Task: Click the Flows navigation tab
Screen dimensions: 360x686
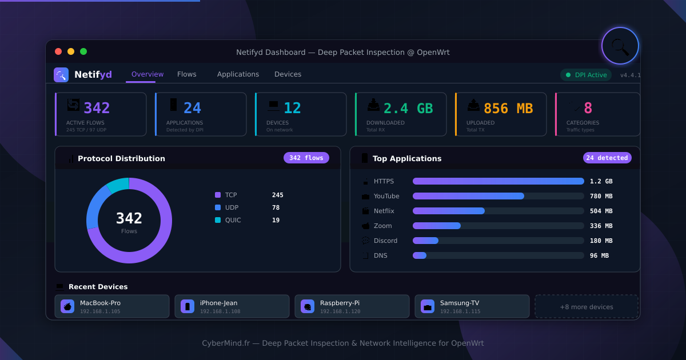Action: point(186,74)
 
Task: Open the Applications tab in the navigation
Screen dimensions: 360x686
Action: point(238,74)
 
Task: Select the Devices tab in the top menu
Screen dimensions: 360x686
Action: point(288,74)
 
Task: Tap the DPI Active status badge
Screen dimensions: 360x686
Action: point(586,75)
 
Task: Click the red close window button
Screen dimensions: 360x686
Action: point(58,51)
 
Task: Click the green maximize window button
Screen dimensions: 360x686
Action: point(83,51)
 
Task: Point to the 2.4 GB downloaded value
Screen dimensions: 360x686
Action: point(408,108)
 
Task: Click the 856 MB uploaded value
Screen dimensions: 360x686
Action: point(508,108)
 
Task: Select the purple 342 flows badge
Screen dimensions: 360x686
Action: point(306,158)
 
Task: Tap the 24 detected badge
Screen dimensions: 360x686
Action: point(607,158)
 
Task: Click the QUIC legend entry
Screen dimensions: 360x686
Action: point(232,220)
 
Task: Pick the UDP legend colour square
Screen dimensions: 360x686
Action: point(218,207)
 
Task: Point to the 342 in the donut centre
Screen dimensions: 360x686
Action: point(129,218)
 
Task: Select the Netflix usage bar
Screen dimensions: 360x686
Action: point(448,211)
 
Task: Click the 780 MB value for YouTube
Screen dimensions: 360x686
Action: point(601,196)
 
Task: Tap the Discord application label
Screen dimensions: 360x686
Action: point(385,241)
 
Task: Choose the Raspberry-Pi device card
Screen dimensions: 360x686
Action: point(352,306)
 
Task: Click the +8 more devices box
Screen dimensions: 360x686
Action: point(586,307)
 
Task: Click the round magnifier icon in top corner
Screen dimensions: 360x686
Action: point(620,46)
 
